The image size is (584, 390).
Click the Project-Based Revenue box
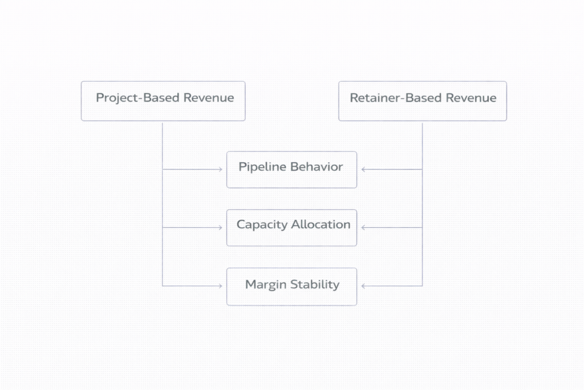point(163,101)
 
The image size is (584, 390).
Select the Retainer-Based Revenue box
point(422,101)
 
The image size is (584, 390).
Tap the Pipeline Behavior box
point(291,170)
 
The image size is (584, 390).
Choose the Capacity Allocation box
point(291,228)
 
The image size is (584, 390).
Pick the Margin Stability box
point(291,286)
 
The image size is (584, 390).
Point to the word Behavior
point(317,167)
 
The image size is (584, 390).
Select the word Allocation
point(321,225)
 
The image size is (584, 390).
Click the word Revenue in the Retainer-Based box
point(471,98)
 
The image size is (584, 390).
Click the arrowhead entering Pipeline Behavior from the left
point(220,170)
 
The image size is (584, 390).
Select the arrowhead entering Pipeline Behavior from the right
point(363,170)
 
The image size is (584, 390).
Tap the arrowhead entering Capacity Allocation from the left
point(220,228)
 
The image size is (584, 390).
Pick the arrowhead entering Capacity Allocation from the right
point(363,228)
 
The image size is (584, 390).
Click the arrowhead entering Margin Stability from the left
point(220,286)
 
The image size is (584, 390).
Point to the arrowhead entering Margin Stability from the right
point(363,286)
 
